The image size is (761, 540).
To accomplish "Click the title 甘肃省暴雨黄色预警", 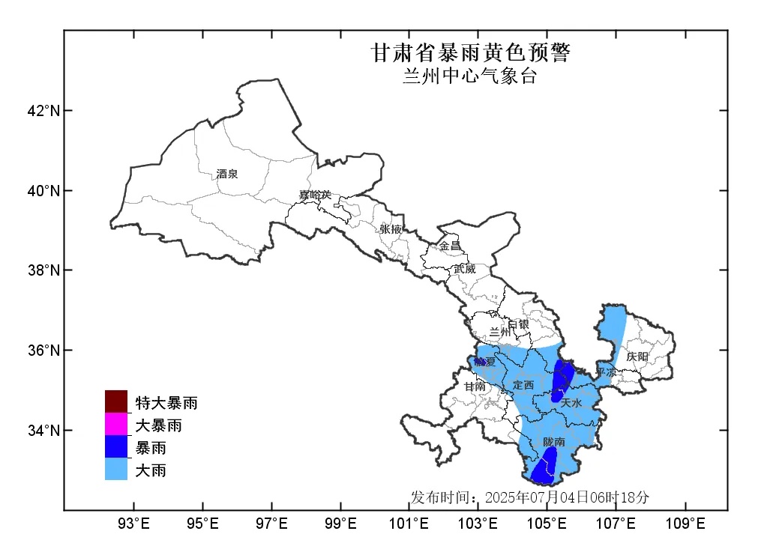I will point(470,53).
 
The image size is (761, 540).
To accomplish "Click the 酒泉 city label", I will point(226,175).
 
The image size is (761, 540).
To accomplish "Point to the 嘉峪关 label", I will point(315,195).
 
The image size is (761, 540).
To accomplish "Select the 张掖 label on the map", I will point(391,228).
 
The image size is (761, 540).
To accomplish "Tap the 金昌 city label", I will point(451,246).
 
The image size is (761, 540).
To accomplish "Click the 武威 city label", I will point(464,269).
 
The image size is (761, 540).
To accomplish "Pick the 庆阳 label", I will point(637,357).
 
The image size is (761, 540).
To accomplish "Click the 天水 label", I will point(571,403).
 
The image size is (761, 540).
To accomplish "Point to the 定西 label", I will point(523,385).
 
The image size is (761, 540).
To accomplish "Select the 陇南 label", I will point(555,443).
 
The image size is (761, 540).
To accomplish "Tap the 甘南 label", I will point(475,387).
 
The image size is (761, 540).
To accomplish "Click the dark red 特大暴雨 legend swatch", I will point(116,402).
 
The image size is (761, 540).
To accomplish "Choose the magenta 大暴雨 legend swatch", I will point(116,425).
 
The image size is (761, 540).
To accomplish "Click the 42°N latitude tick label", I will point(43,111).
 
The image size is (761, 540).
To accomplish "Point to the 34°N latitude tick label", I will point(43,431).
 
